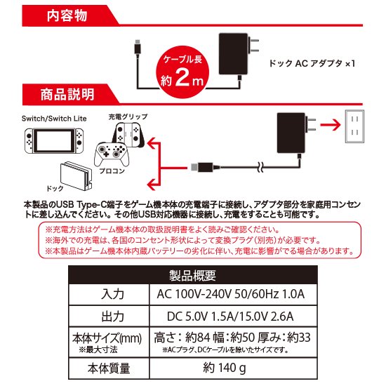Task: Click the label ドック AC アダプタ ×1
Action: point(313,63)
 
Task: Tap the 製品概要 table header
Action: point(192,275)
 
